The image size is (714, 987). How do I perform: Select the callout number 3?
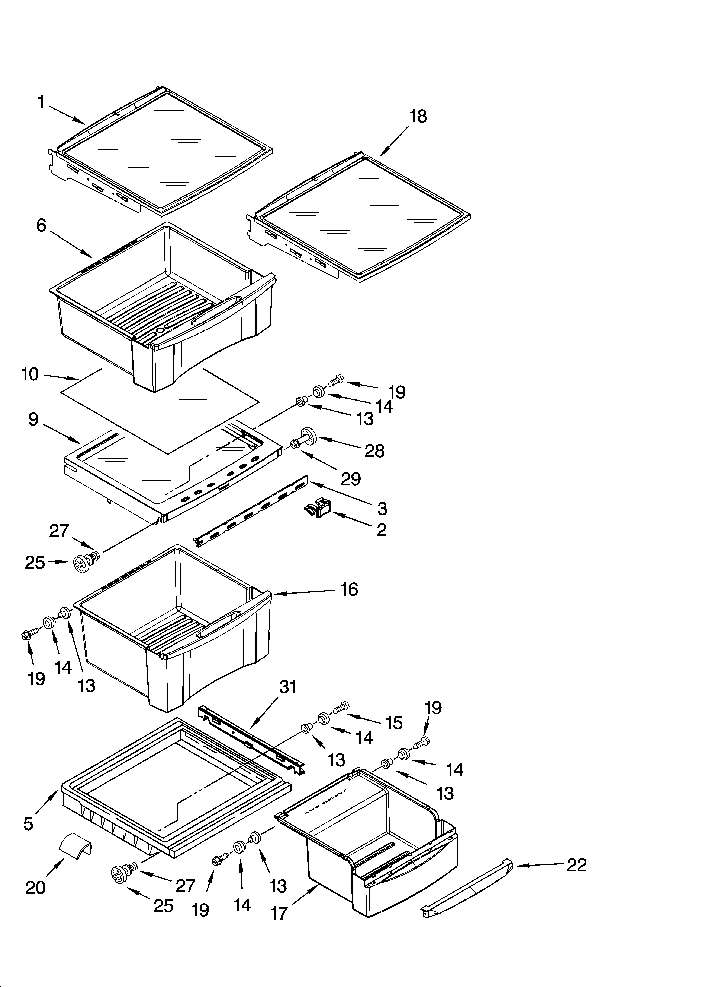click(x=382, y=508)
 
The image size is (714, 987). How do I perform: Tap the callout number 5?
click(x=28, y=824)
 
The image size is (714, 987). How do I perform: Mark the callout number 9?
click(x=33, y=419)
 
